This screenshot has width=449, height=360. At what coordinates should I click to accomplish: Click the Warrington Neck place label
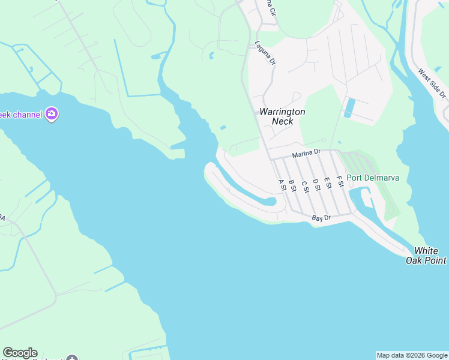tap(282, 116)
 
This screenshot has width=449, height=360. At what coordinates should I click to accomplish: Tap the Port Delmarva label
tap(373, 178)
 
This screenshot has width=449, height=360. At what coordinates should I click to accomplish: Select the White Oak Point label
tap(430, 256)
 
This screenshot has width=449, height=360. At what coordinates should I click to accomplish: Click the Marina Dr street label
tap(307, 154)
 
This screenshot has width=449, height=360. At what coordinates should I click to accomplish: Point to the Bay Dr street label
tap(322, 218)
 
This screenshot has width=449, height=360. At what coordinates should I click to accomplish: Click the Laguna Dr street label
tap(264, 53)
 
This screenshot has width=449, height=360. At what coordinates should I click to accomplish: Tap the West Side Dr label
tap(432, 83)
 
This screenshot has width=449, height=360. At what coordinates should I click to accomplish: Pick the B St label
tap(292, 185)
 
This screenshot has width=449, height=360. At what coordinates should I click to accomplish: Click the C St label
tap(304, 187)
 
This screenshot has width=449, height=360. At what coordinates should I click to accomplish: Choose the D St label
tap(316, 184)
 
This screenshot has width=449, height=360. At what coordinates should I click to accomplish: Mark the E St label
tap(328, 182)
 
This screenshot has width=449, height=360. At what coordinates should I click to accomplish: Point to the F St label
tap(340, 181)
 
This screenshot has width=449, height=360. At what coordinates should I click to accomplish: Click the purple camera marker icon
tap(52, 114)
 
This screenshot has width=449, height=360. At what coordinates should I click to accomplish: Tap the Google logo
tap(20, 353)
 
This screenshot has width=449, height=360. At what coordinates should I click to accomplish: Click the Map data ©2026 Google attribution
tap(412, 355)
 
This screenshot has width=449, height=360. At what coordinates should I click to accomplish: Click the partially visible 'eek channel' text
tap(21, 115)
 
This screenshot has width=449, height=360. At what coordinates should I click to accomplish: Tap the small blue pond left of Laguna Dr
tap(211, 56)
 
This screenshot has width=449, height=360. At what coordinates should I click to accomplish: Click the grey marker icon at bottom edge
tap(72, 358)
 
